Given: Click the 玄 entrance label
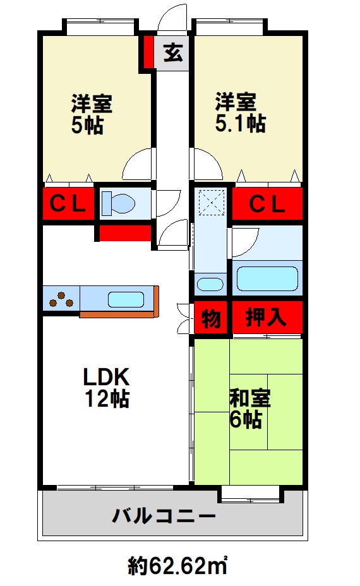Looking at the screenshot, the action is tap(174, 52).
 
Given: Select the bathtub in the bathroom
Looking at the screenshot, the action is tap(267, 278).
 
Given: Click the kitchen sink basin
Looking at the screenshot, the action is tap(126, 299).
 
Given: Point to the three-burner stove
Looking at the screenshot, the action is tap(61, 298).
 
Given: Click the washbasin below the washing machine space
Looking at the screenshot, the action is tap(210, 284).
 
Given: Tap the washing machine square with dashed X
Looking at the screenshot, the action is tap(212, 203).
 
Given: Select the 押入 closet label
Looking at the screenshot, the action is tap(266, 318).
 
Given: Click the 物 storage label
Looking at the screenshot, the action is tap(211, 319).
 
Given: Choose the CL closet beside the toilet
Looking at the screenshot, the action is tap(68, 204).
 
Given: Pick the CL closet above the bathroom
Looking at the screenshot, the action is tap(267, 204).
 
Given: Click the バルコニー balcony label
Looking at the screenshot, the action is tap(164, 516).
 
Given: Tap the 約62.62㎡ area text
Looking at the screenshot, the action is tap(178, 566).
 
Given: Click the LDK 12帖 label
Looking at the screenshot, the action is tap(107, 387).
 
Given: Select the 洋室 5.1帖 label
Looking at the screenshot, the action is tap(241, 113).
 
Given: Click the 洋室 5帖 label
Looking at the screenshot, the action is tap(92, 114).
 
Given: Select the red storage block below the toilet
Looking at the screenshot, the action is tap(125, 233).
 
